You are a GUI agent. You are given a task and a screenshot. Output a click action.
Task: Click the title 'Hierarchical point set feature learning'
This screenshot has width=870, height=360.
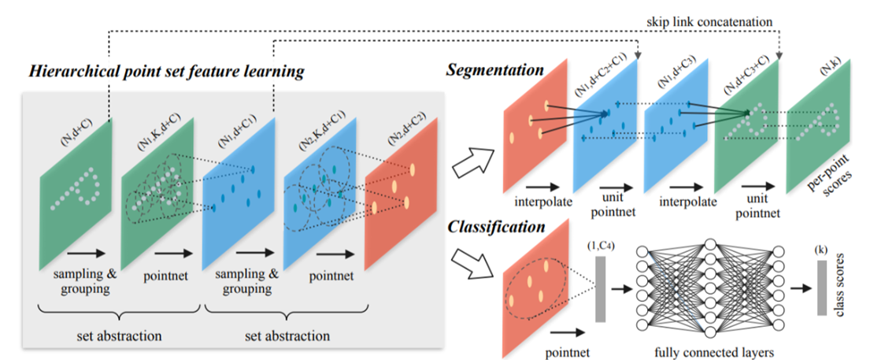coord(165,72)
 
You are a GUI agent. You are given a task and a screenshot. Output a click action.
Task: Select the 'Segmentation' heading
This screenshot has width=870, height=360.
coord(494,70)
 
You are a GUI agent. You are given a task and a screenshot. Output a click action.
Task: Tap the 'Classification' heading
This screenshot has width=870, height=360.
coord(495,228)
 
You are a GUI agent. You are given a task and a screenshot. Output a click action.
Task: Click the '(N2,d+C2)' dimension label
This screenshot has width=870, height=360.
coord(399,122)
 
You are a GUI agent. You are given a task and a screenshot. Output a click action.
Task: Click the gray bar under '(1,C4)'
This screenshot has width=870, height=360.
coord(601,289)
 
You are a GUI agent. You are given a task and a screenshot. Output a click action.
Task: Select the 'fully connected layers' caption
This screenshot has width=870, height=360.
coord(712,347)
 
